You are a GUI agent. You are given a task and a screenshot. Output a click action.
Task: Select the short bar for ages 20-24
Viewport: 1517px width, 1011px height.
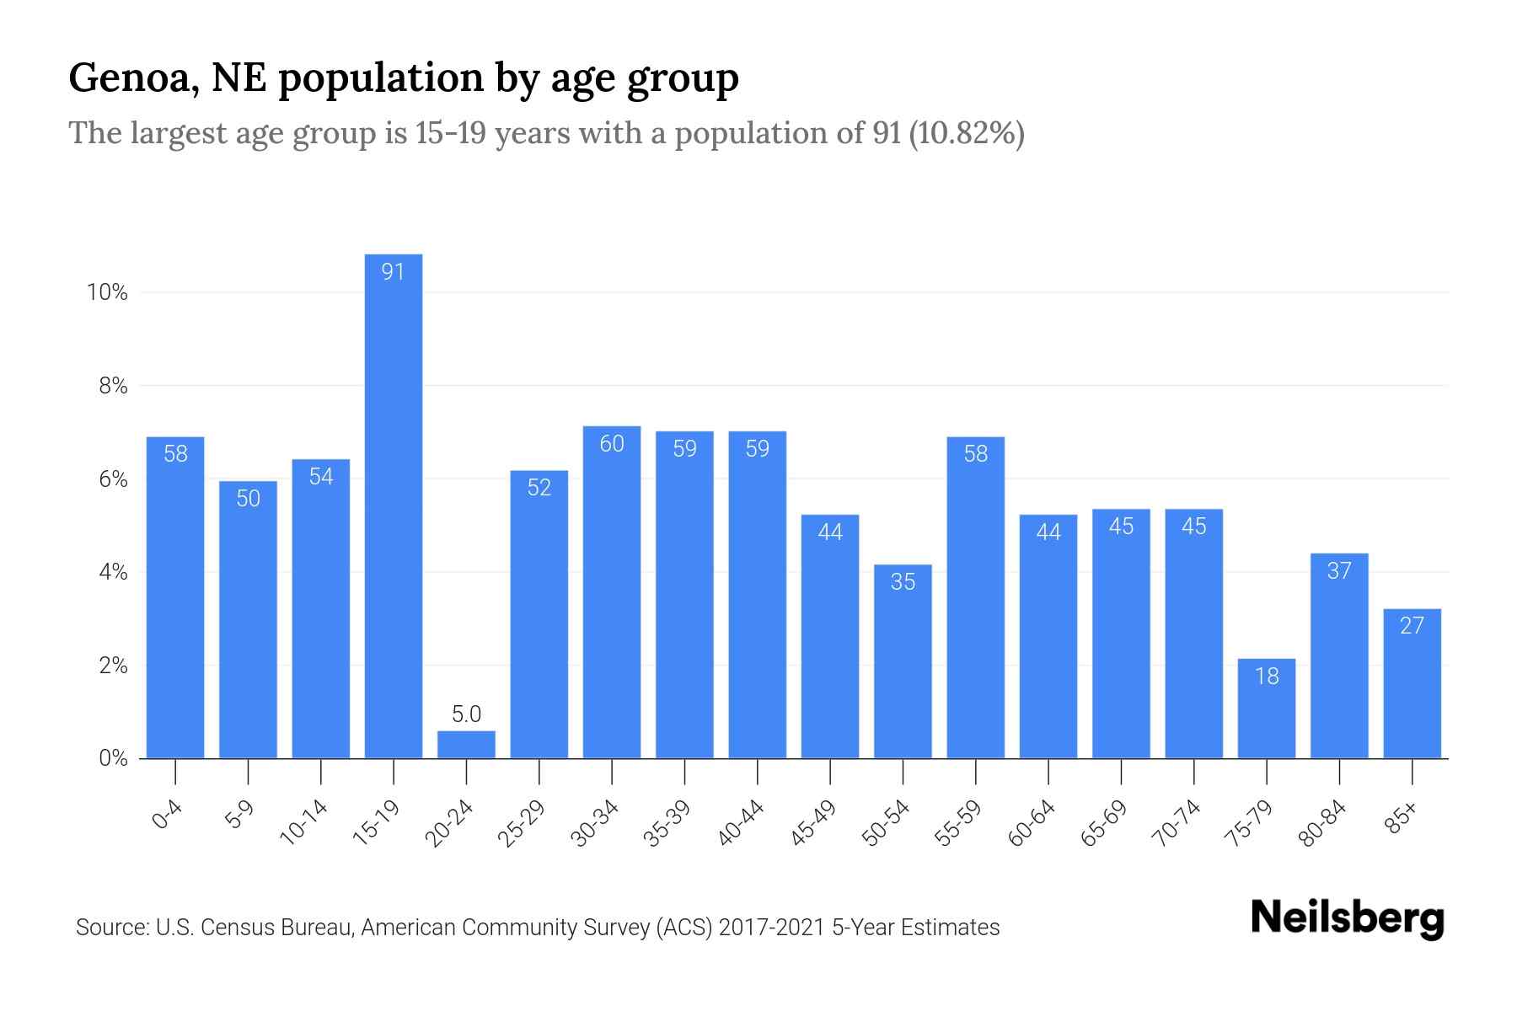[466, 745]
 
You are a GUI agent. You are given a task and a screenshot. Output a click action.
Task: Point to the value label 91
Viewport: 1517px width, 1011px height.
[394, 271]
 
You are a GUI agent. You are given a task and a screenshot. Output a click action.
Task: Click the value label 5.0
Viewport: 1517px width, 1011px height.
[466, 714]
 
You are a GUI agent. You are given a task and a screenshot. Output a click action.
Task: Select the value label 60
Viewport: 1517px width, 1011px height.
[612, 443]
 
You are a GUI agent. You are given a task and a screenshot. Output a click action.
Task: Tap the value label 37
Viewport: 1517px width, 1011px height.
[1339, 570]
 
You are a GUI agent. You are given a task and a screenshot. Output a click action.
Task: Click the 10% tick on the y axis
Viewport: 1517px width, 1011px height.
[107, 292]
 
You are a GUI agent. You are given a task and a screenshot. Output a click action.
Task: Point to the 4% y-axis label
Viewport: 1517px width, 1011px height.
[113, 572]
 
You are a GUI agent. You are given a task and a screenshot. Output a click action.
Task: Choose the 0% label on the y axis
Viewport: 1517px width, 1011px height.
[113, 758]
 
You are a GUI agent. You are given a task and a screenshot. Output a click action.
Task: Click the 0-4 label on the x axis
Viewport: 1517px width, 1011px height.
[168, 816]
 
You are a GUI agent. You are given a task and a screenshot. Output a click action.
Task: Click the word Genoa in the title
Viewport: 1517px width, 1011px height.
[134, 78]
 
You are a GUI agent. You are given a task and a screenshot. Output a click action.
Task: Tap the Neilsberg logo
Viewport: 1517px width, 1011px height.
[1347, 918]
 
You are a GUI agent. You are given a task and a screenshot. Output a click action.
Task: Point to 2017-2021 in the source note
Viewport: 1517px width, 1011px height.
[771, 928]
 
